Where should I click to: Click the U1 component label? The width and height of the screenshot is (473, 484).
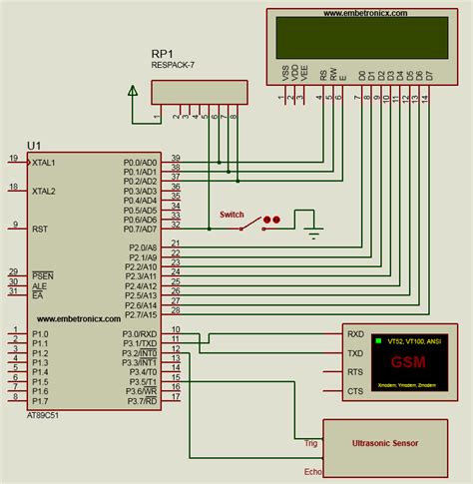35,147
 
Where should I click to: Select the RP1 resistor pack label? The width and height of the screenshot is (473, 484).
165,54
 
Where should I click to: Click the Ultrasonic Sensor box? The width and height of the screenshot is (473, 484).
385,440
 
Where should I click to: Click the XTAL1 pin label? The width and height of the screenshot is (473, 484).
43,162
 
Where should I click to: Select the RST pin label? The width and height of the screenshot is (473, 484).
40,228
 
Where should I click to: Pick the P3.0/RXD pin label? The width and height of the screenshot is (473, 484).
140,333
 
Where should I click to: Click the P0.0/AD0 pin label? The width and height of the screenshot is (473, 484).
140,162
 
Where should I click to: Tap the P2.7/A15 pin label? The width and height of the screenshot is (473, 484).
140,314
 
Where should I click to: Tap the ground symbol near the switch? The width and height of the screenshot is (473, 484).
314,235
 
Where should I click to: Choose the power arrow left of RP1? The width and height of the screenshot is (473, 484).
132,91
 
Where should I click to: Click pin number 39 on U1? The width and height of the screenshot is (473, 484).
176,159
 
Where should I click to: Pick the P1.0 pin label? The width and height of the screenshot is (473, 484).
40,333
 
